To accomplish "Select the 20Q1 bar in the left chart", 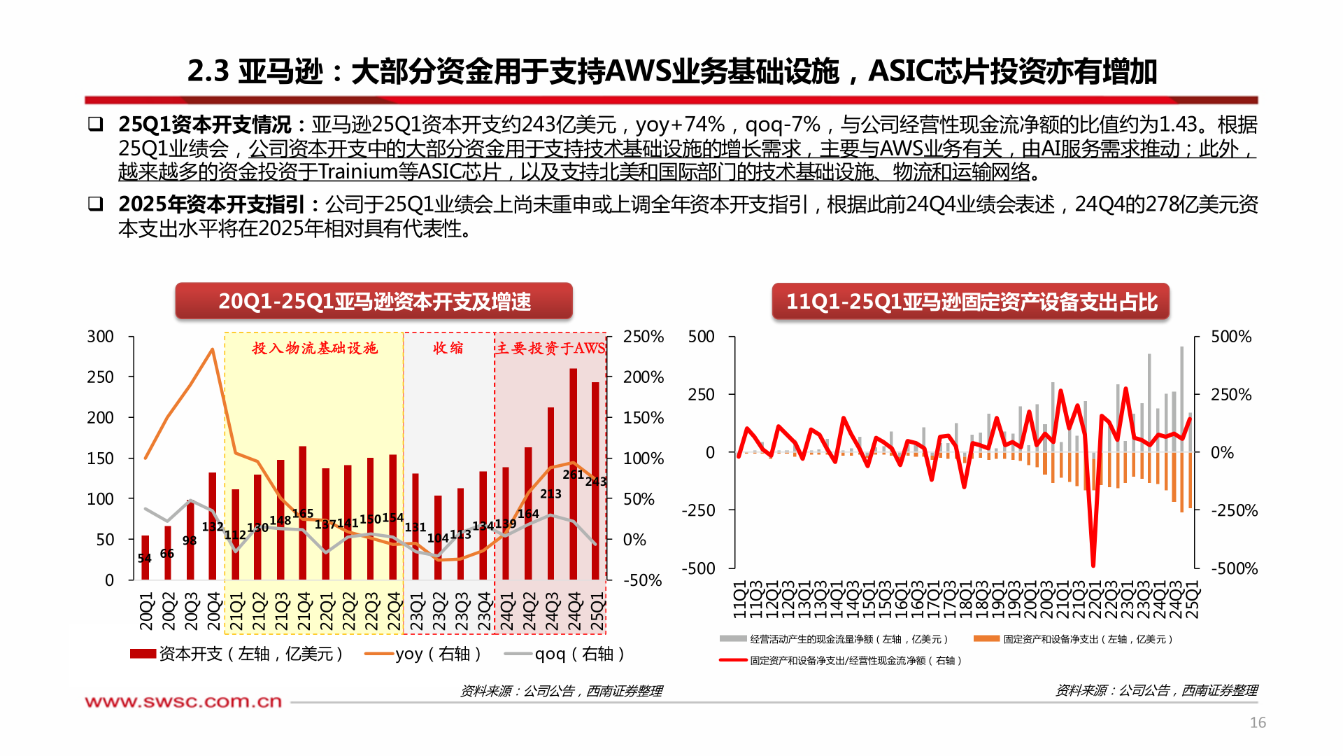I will (x=145, y=557).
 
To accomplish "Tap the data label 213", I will (x=550, y=494).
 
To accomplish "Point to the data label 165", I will (x=303, y=514).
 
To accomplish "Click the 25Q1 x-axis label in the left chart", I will (x=597, y=611).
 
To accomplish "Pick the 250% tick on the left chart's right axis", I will (x=643, y=337).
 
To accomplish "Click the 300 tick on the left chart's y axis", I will (x=100, y=337).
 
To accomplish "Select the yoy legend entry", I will (x=423, y=654).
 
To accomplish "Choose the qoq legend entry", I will (x=564, y=654).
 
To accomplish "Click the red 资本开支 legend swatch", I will (x=143, y=654).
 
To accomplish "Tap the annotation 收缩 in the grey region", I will (x=448, y=348).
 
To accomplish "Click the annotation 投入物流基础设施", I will (x=315, y=348).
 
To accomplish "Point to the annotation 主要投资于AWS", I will (x=550, y=348).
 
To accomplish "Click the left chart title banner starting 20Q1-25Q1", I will (x=374, y=301).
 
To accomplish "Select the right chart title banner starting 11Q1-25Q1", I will (x=971, y=301).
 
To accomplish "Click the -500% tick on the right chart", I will (x=1234, y=568).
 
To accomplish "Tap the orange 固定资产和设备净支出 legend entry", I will (x=1073, y=639).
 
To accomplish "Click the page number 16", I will (x=1258, y=722).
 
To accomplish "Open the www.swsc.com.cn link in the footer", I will (x=183, y=701).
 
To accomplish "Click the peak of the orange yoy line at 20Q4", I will (x=213, y=349).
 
